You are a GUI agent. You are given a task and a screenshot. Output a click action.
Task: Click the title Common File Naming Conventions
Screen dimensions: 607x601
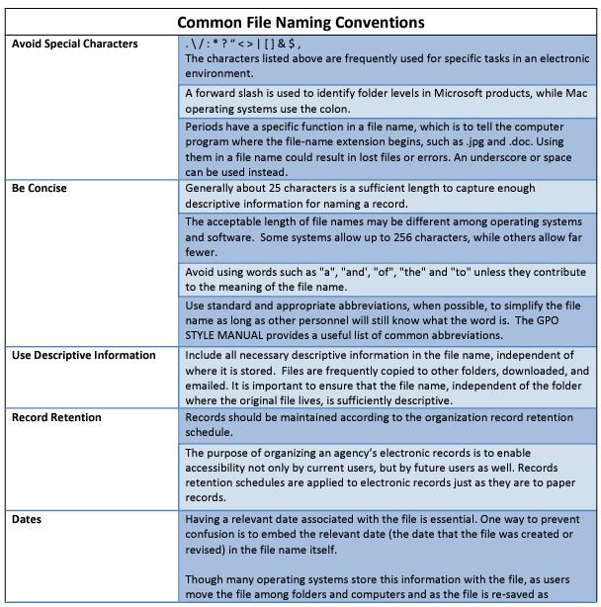pyautogui.click(x=300, y=21)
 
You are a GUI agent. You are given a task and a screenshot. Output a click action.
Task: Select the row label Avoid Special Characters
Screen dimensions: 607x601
pyautogui.click(x=75, y=44)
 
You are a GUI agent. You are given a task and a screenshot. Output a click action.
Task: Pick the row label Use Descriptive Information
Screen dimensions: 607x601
pyautogui.click(x=84, y=355)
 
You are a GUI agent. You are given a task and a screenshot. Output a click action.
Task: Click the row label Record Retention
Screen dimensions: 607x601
pyautogui.click(x=56, y=417)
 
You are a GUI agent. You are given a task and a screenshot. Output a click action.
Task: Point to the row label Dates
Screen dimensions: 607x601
pyautogui.click(x=29, y=517)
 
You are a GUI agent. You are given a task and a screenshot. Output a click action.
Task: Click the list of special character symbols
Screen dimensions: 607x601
pyautogui.click(x=242, y=44)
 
